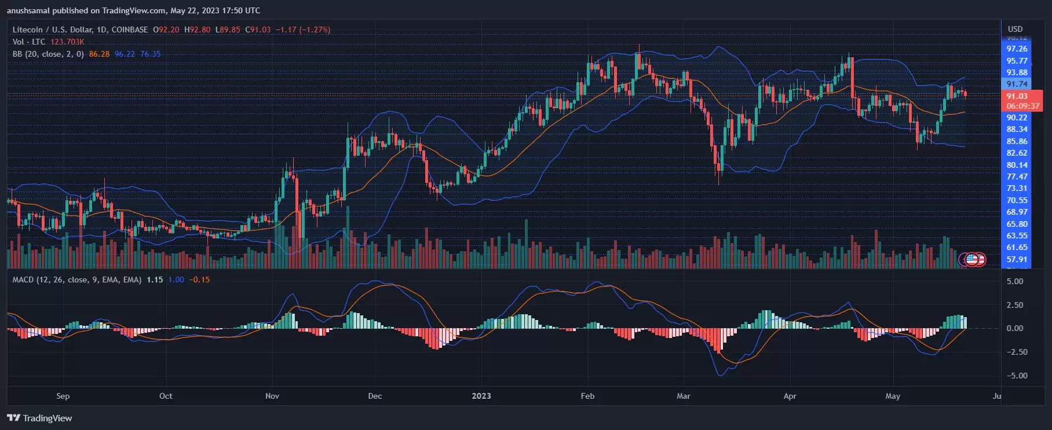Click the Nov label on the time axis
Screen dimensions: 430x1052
272,396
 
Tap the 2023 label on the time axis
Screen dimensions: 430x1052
481,396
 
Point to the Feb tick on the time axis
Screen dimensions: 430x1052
587,396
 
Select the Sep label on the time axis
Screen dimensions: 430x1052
63,396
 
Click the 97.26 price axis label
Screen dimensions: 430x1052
1017,49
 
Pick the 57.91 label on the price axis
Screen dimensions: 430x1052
1017,259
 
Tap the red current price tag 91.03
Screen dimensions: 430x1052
1017,96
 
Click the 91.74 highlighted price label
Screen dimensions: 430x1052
1017,84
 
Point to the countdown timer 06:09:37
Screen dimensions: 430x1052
1022,106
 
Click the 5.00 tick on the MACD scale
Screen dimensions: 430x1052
1014,281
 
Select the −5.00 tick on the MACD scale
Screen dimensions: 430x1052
1014,376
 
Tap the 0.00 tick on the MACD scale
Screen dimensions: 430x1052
1014,328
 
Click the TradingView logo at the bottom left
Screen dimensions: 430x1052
39,418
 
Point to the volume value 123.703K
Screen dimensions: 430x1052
67,42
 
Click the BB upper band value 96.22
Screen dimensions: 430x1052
125,54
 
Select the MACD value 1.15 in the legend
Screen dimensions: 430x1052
155,280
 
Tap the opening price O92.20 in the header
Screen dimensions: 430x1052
166,30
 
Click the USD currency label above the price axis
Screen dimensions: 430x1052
1015,29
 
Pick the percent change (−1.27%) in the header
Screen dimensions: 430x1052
315,30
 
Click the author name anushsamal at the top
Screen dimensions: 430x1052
28,10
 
